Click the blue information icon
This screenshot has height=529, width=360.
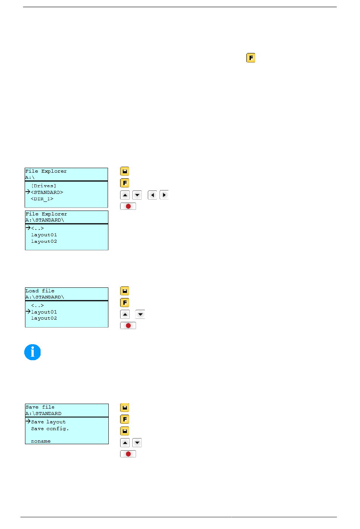pos(32,352)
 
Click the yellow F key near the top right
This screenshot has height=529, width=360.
pos(250,58)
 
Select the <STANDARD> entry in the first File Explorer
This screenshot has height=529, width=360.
pos(47,192)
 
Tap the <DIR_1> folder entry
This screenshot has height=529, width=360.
pos(42,199)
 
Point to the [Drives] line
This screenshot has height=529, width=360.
pos(44,186)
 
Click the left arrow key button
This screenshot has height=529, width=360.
pos(152,195)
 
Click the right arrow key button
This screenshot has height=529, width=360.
pos(164,195)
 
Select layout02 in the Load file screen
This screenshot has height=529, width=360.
pos(44,318)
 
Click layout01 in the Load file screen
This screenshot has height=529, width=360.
pos(44,312)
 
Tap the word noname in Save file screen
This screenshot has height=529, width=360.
pos(41,441)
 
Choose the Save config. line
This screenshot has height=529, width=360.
pos(50,428)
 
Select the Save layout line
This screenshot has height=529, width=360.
pos(48,422)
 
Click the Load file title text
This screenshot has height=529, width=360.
pos(40,291)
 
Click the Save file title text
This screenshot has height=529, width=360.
pos(40,407)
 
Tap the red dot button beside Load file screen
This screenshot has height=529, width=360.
pos(128,326)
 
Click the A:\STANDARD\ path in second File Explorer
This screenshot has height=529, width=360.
pos(45,220)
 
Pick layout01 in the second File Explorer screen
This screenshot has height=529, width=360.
pos(44,235)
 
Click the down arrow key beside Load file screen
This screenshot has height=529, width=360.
pos(140,314)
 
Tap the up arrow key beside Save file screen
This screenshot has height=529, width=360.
pos(125,443)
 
